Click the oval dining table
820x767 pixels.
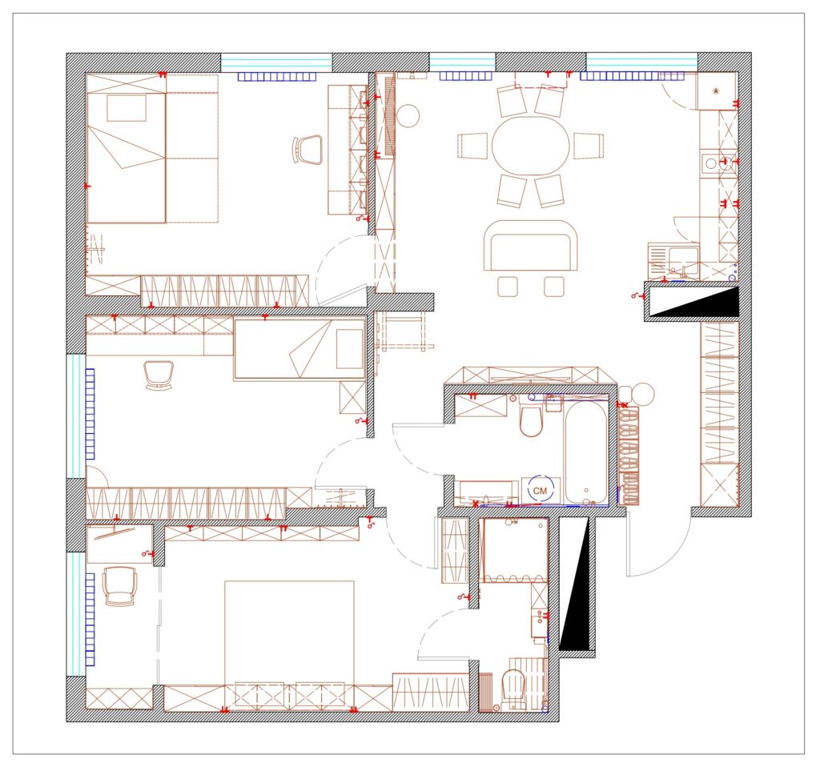tap(530, 146)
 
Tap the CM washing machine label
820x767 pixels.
tap(540, 491)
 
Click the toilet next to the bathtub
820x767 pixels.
tap(532, 420)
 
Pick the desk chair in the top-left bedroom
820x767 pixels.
tap(307, 150)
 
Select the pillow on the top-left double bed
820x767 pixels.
tap(127, 108)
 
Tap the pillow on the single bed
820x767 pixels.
tap(349, 349)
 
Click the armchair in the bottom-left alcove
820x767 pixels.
tap(120, 586)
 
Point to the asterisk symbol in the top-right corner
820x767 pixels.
tap(716, 91)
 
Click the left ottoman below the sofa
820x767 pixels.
tap(507, 287)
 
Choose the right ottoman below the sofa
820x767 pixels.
tap(554, 287)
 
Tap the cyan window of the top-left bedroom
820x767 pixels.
tap(276, 62)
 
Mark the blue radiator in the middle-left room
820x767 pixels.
tap(90, 414)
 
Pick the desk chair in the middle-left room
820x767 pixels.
tap(158, 375)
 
